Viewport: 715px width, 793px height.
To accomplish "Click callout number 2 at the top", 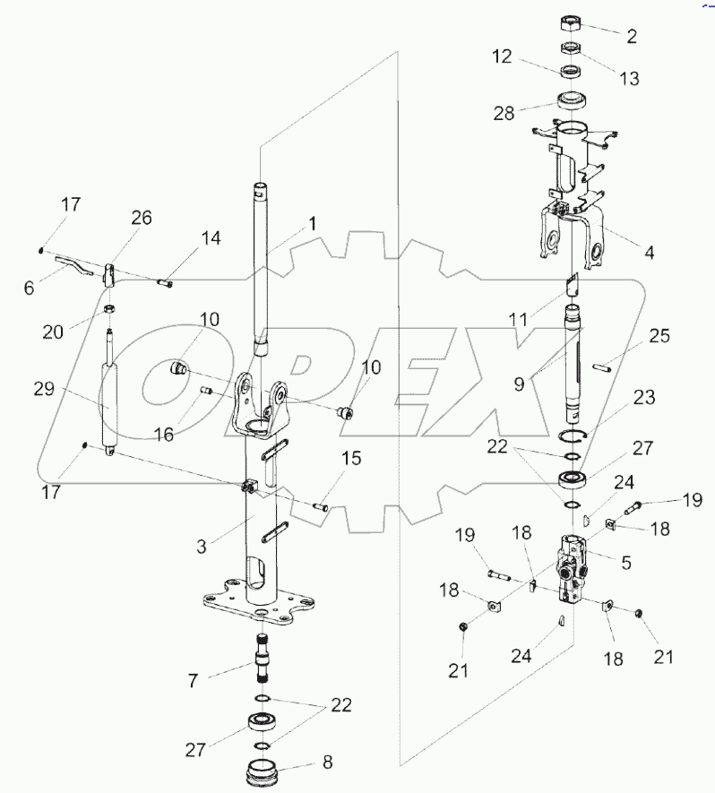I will point(633,37).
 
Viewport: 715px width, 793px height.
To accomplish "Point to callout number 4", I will point(648,253).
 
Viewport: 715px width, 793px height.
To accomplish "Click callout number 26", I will point(142,217).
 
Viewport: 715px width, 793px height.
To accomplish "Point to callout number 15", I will point(350,459).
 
